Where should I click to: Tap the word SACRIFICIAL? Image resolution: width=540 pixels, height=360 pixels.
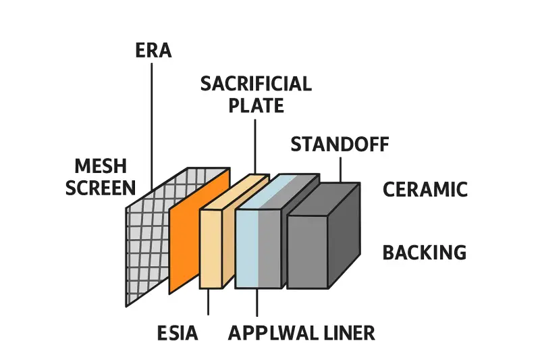click(256, 84)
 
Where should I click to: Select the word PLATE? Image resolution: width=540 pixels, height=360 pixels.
click(256, 106)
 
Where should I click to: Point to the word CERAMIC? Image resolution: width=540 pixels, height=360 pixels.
click(425, 190)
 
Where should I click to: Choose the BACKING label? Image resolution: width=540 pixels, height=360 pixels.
click(425, 253)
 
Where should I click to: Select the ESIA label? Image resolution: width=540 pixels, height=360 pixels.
click(177, 333)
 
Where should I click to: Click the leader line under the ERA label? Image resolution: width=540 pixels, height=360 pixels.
click(153, 122)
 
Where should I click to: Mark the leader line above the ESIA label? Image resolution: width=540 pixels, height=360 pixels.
click(208, 302)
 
